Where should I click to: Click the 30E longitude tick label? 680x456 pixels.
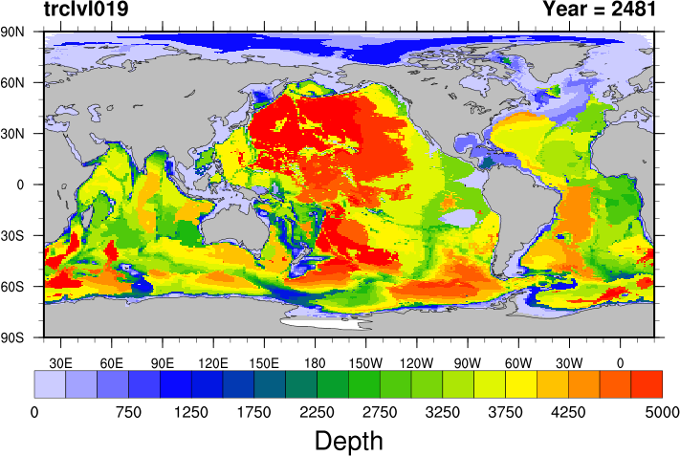pyautogui.click(x=61, y=362)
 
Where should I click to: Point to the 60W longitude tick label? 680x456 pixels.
pyautogui.click(x=518, y=362)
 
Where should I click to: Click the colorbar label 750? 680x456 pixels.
pyautogui.click(x=128, y=412)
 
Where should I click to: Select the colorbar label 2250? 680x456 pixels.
pyautogui.click(x=318, y=412)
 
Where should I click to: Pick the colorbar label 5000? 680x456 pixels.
pyautogui.click(x=662, y=412)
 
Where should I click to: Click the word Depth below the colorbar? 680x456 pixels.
pyautogui.click(x=348, y=441)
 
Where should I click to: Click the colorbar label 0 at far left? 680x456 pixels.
pyautogui.click(x=34, y=412)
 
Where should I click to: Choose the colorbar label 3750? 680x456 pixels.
pyautogui.click(x=505, y=412)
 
